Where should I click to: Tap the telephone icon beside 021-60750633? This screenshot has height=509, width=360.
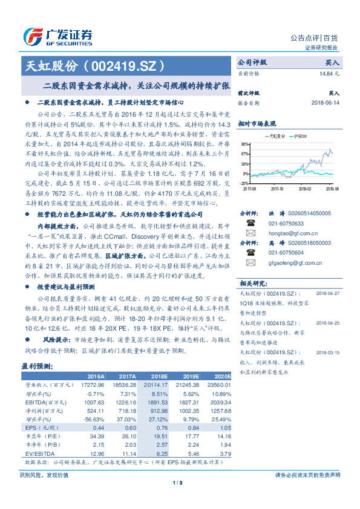[x=250, y=222]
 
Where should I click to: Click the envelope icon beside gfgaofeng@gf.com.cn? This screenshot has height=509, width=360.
[x=250, y=264]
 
